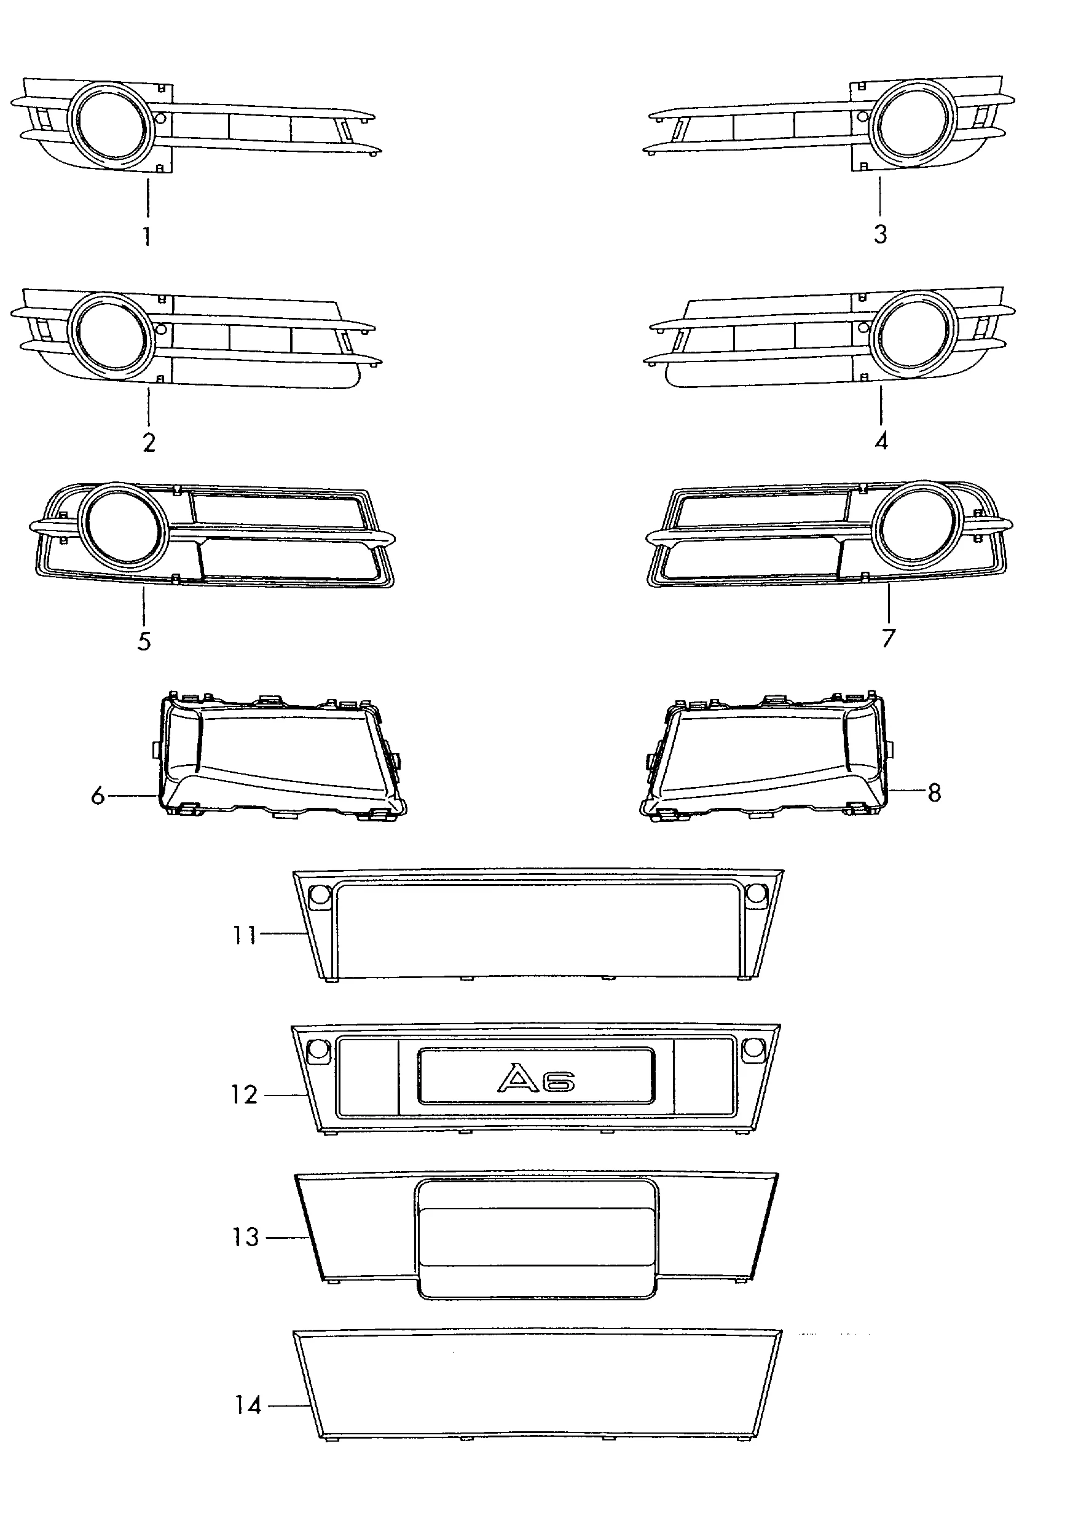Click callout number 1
147,236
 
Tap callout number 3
880,234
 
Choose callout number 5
144,641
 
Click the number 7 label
888,638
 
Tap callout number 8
934,792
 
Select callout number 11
244,935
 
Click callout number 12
244,1095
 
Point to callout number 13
245,1237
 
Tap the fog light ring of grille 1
111,125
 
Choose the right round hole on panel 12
753,1048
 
